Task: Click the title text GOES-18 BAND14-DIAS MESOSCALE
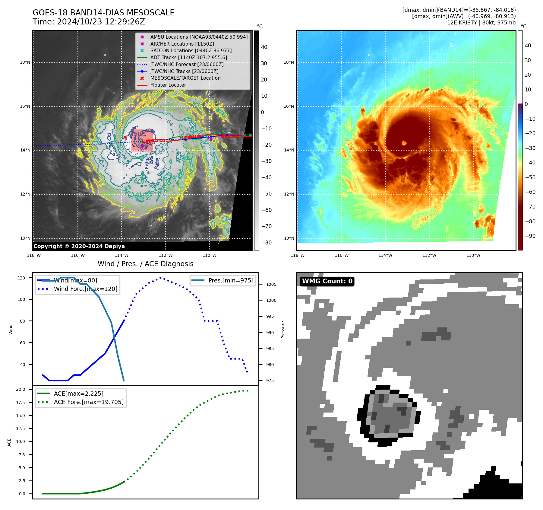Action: (103, 13)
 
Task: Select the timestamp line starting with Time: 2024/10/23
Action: (89, 22)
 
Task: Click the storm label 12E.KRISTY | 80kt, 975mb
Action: (481, 23)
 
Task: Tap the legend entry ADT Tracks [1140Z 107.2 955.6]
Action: (188, 57)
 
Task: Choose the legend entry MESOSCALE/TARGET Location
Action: (185, 78)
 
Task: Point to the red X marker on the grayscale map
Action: (125, 137)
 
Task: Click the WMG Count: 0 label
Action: (327, 281)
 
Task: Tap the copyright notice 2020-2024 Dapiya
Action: (79, 246)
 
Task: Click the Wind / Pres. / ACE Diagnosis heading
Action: (145, 264)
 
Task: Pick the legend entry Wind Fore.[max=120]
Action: (85, 289)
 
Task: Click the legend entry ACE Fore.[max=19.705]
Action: (88, 402)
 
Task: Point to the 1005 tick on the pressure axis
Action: (271, 284)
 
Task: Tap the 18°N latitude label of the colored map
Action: (289, 62)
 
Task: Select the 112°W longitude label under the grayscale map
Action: (166, 255)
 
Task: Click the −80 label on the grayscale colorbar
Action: (266, 243)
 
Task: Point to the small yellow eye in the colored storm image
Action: (404, 143)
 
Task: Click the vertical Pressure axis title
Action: (283, 330)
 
